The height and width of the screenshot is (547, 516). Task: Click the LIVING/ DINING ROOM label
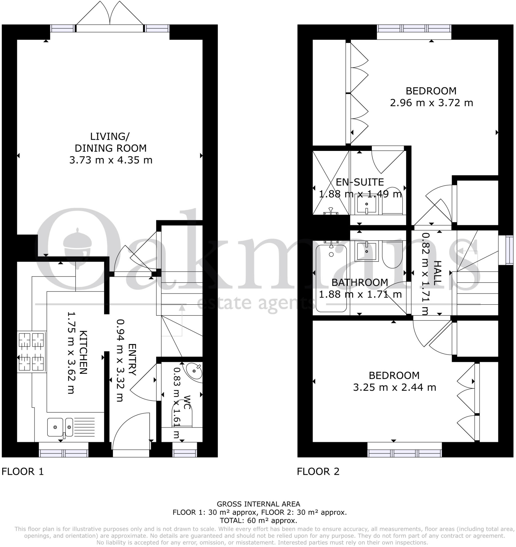(111, 142)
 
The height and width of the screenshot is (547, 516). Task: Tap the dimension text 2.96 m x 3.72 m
(431, 103)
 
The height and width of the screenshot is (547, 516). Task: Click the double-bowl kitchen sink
(60, 427)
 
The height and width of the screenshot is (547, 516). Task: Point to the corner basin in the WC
(194, 371)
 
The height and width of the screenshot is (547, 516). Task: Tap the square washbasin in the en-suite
(366, 204)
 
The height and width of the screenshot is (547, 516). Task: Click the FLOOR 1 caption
(22, 472)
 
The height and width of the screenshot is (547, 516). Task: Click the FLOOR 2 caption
(318, 472)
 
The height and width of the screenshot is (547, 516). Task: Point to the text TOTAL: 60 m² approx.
(258, 521)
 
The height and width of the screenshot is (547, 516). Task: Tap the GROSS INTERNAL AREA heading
(258, 504)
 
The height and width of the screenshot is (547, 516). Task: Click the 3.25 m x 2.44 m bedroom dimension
(394, 387)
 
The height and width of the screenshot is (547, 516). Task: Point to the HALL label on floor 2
(437, 272)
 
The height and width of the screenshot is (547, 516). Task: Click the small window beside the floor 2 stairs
(506, 250)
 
